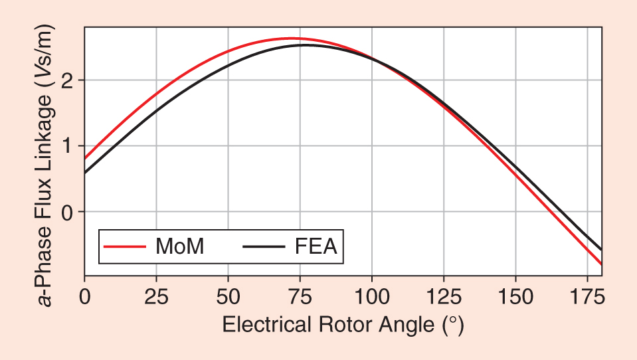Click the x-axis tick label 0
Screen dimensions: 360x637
click(84, 296)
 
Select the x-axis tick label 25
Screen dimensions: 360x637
click(156, 296)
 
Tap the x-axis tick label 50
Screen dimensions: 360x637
click(228, 296)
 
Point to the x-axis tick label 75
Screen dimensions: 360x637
click(300, 296)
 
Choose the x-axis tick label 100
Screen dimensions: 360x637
click(372, 296)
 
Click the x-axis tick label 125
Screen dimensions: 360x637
click(444, 296)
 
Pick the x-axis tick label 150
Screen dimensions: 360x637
click(515, 296)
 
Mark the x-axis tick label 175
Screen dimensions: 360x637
click(588, 296)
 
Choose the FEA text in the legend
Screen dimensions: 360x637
click(316, 246)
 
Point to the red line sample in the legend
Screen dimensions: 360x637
click(125, 246)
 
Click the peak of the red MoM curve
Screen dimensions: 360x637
click(291, 38)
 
